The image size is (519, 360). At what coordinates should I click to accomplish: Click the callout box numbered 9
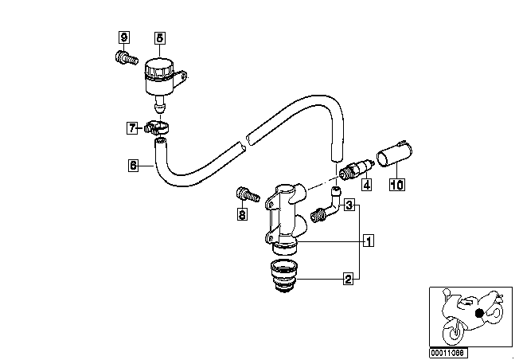pyautogui.click(x=124, y=37)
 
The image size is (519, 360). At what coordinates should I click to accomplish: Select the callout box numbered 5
pyautogui.click(x=159, y=37)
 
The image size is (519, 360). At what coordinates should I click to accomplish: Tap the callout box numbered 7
pyautogui.click(x=132, y=128)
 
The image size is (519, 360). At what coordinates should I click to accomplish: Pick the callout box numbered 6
pyautogui.click(x=133, y=165)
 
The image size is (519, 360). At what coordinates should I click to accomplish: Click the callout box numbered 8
pyautogui.click(x=242, y=214)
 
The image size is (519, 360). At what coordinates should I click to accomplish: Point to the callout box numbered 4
pyautogui.click(x=366, y=185)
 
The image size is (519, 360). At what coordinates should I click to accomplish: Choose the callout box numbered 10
pyautogui.click(x=397, y=185)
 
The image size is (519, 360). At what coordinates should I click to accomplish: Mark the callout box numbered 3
pyautogui.click(x=349, y=205)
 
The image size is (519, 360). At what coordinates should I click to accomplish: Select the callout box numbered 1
pyautogui.click(x=369, y=241)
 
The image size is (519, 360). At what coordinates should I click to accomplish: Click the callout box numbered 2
pyautogui.click(x=348, y=279)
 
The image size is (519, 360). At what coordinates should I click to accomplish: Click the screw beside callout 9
pyautogui.click(x=127, y=58)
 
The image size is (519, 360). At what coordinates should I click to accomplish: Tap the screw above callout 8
pyautogui.click(x=248, y=195)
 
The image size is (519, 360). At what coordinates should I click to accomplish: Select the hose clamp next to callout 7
pyautogui.click(x=157, y=128)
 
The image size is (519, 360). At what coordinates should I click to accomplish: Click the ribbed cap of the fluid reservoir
pyautogui.click(x=158, y=68)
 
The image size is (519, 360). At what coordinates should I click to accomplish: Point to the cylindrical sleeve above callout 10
pyautogui.click(x=395, y=154)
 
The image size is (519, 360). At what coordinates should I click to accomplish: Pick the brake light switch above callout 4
pyautogui.click(x=357, y=169)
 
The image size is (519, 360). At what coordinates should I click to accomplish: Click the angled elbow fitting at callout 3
pyautogui.click(x=326, y=205)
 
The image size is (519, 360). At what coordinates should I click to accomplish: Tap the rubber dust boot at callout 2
pyautogui.click(x=284, y=276)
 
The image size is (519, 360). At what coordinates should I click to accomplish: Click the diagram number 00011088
pyautogui.click(x=448, y=352)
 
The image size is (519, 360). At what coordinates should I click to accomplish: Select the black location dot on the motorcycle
pyautogui.click(x=479, y=313)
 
